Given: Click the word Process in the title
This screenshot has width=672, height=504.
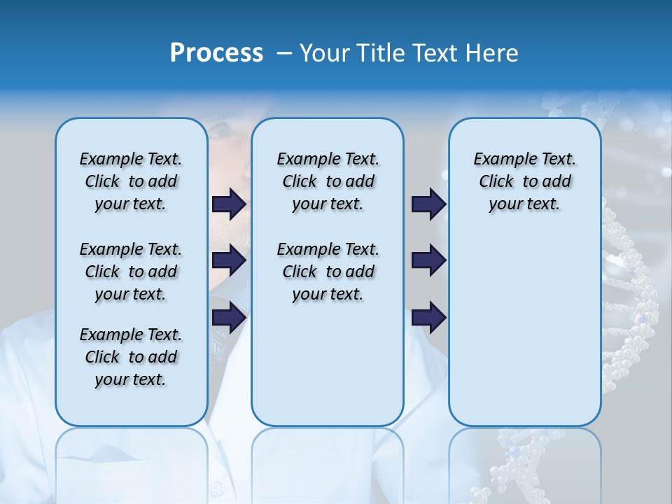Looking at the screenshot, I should click(216, 53).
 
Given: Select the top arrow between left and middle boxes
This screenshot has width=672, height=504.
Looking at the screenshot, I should click(229, 204).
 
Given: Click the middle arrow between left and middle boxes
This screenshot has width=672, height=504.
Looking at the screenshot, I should click(229, 260).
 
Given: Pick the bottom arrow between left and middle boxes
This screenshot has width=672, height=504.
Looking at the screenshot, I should click(229, 317).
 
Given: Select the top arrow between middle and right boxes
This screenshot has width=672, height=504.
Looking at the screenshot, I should click(428, 204).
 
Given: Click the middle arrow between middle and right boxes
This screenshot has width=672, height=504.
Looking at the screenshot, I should click(428, 260).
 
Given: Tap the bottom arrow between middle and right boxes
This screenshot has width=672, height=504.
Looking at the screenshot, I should click(428, 317).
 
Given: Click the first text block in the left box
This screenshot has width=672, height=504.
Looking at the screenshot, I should click(131, 181).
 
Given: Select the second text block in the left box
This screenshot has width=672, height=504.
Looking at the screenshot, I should click(131, 272).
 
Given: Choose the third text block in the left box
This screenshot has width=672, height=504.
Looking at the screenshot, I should click(131, 357).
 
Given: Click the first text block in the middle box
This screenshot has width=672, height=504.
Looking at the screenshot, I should click(328, 181).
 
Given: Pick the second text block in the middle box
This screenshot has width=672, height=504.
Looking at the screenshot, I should click(328, 272).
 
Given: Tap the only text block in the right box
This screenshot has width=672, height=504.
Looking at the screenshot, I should click(524, 181).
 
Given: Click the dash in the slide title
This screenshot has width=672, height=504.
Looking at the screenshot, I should click(284, 53).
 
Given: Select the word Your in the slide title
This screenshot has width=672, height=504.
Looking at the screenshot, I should click(324, 53).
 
